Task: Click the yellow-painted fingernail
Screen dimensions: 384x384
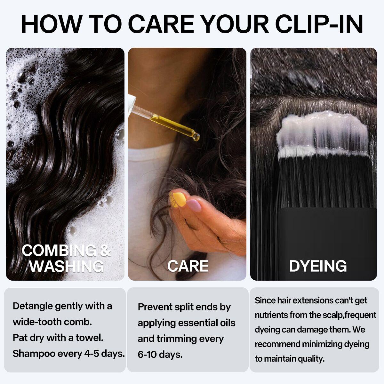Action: click(x=177, y=198)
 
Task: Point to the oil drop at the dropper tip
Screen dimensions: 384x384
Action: click(x=196, y=137)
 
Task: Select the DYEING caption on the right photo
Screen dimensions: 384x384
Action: click(x=318, y=266)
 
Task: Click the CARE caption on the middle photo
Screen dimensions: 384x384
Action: click(x=188, y=266)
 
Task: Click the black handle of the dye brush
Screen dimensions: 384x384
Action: click(x=326, y=237)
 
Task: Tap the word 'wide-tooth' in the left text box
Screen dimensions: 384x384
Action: click(x=37, y=322)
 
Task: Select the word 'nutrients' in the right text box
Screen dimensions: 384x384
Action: click(x=271, y=315)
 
